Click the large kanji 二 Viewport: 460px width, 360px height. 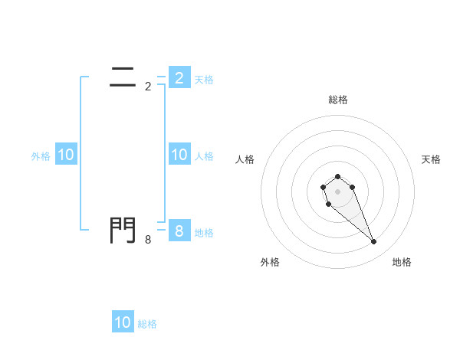click(x=123, y=76)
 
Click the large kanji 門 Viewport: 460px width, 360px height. click(x=123, y=230)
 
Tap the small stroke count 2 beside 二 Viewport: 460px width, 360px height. click(x=148, y=87)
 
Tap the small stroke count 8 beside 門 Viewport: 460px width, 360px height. click(x=148, y=240)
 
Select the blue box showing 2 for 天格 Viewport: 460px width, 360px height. click(x=179, y=77)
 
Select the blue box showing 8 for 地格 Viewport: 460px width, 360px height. click(x=179, y=231)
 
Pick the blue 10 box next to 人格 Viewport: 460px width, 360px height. click(x=179, y=155)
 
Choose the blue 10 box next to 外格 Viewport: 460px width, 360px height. click(x=66, y=155)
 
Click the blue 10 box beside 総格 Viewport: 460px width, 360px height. click(x=123, y=322)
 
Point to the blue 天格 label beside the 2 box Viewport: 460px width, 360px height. click(x=204, y=79)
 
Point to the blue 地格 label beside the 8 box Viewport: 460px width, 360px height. click(x=204, y=232)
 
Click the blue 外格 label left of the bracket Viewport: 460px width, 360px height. click(x=41, y=155)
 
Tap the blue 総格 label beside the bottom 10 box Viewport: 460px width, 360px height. click(x=147, y=324)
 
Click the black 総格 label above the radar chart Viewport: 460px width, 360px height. click(x=338, y=100)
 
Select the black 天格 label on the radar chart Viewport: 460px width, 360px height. click(x=431, y=159)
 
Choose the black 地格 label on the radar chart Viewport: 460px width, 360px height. click(x=402, y=262)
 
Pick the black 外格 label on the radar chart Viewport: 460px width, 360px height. click(x=270, y=262)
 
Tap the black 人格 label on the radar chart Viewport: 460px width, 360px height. click(x=245, y=159)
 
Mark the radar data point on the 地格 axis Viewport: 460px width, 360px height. click(x=374, y=242)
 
